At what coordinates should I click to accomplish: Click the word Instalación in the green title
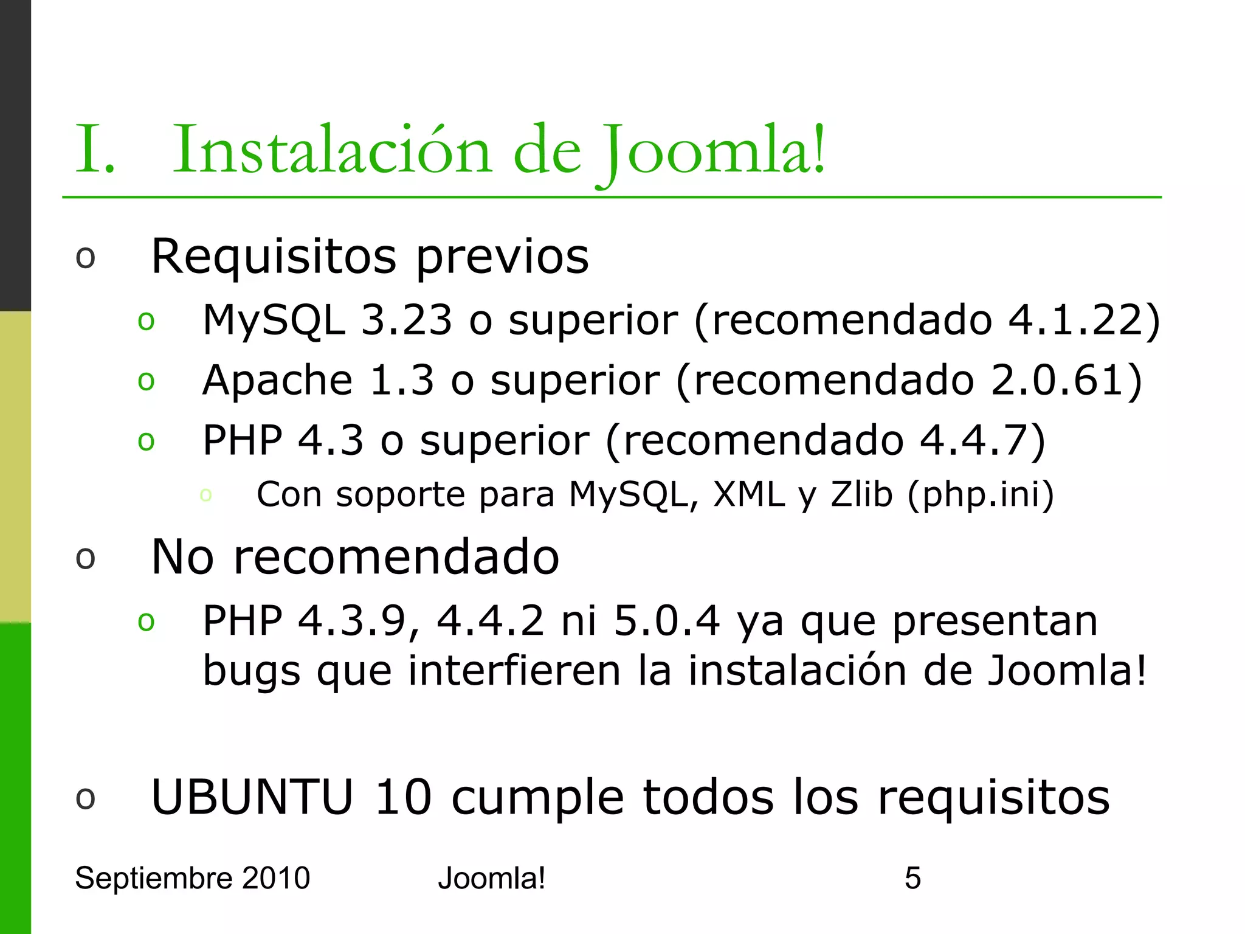pyautogui.click(x=331, y=150)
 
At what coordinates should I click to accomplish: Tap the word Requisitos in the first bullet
pyautogui.click(x=274, y=257)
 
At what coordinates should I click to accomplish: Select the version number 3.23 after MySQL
pyautogui.click(x=406, y=320)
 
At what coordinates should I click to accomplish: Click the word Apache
pyautogui.click(x=277, y=381)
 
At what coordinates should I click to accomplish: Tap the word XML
pyautogui.click(x=749, y=494)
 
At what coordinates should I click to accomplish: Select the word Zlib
pyautogui.click(x=861, y=494)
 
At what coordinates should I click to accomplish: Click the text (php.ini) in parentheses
pyautogui.click(x=980, y=495)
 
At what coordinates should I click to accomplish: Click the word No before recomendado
pyautogui.click(x=182, y=557)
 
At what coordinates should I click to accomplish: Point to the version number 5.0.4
pyautogui.click(x=667, y=621)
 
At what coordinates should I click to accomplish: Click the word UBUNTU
pyautogui.click(x=252, y=797)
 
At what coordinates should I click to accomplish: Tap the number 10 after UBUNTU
pyautogui.click(x=403, y=797)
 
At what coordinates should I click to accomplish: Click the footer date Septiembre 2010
pyautogui.click(x=192, y=878)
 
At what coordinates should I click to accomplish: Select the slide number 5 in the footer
pyautogui.click(x=912, y=878)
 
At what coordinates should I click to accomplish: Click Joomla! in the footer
pyautogui.click(x=491, y=878)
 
